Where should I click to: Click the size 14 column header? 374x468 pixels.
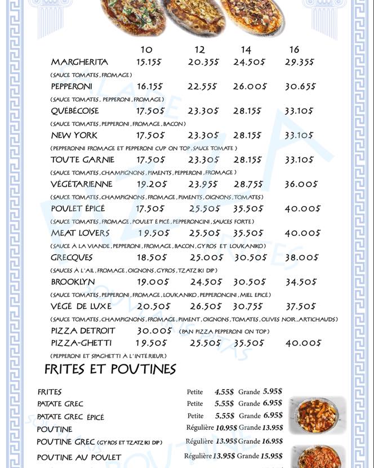(x=246, y=50)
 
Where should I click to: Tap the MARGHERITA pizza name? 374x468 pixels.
(x=79, y=62)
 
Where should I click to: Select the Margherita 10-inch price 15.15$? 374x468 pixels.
(x=149, y=62)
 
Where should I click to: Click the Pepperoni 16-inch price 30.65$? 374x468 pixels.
(x=300, y=87)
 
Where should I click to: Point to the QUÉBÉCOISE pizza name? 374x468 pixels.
(x=75, y=111)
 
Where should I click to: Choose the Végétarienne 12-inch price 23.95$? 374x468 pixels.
(x=203, y=184)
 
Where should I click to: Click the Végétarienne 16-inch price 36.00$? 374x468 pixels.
(x=301, y=184)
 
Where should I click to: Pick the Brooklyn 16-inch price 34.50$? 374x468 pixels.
(x=301, y=282)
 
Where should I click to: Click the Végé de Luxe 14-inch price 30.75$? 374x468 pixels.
(x=248, y=306)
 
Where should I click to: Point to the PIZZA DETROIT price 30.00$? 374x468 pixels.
(x=153, y=331)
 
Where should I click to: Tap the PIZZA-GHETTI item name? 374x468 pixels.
(x=81, y=343)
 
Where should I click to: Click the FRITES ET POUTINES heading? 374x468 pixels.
(x=110, y=369)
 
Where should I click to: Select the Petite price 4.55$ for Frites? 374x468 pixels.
(x=224, y=391)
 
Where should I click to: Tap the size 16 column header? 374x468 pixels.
(x=294, y=50)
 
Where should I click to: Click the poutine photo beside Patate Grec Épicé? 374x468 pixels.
(x=317, y=414)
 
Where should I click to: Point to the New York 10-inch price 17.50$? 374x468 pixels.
(x=150, y=135)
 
